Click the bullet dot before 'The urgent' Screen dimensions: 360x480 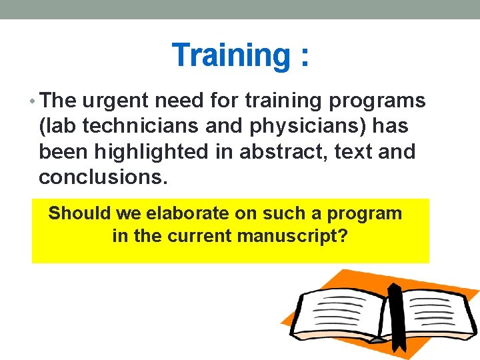pyautogui.click(x=35, y=101)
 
